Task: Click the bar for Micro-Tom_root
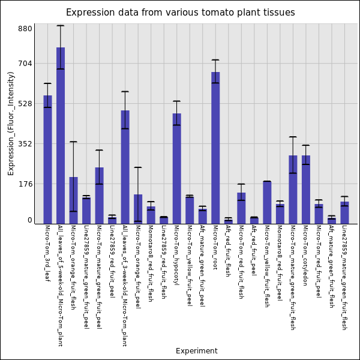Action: pos(215,148)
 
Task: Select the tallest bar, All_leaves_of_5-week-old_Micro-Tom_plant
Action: pos(61,136)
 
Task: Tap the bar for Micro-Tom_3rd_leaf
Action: pos(47,160)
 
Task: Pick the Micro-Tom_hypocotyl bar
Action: pos(176,169)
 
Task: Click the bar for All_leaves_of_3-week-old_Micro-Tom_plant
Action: pos(125,167)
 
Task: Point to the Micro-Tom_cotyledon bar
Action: pos(305,190)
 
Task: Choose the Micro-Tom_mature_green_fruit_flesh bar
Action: pos(293,190)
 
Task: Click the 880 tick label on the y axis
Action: pos(25,29)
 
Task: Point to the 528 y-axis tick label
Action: pos(25,103)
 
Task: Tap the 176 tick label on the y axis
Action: pos(25,184)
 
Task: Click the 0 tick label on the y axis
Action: pos(29,220)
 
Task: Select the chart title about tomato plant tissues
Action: pos(180,13)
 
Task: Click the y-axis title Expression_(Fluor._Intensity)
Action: pos(11,123)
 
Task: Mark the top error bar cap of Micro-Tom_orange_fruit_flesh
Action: pos(73,142)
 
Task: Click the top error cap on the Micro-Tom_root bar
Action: pos(215,59)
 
